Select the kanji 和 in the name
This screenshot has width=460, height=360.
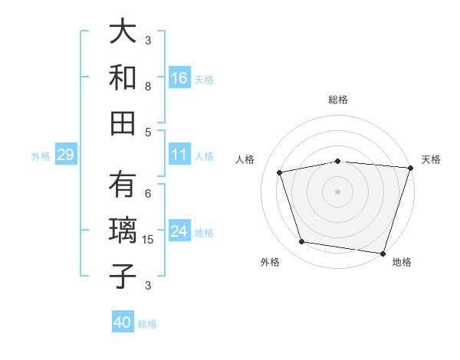(x=123, y=77)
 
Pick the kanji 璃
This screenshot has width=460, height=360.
(x=123, y=231)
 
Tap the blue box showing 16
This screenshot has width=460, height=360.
(x=179, y=78)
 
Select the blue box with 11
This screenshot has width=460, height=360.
(x=179, y=155)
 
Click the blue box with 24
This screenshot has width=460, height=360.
(x=179, y=232)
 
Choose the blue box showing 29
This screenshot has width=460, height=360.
(x=65, y=155)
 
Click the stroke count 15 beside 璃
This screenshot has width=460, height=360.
(x=149, y=241)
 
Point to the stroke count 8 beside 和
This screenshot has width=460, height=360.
(x=148, y=86)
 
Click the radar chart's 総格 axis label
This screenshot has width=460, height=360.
(x=338, y=100)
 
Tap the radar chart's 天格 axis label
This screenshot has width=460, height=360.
(x=431, y=159)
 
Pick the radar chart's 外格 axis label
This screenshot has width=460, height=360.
(x=269, y=262)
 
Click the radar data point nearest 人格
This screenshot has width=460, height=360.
(x=281, y=172)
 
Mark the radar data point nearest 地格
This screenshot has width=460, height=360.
(x=383, y=253)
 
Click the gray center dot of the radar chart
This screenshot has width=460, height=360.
(x=338, y=191)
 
